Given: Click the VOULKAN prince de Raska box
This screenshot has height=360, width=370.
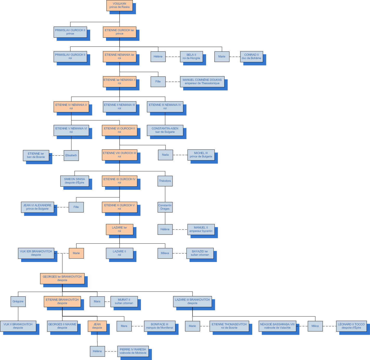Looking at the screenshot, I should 120,5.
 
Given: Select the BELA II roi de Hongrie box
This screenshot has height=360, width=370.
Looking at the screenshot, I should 191,56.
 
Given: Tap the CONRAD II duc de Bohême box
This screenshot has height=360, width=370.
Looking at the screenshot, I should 251,56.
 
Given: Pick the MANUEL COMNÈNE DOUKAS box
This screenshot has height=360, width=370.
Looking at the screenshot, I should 202,82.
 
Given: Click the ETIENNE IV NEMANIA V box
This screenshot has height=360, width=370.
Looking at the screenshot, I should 71,107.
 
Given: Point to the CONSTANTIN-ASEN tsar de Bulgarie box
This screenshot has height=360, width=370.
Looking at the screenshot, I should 165,130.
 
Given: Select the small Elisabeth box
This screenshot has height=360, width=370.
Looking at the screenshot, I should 71,155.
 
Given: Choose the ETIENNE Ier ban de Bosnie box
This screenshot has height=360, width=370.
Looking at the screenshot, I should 36,155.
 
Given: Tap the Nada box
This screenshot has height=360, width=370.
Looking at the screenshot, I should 165,155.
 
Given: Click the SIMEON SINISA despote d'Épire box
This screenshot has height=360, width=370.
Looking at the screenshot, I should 75,181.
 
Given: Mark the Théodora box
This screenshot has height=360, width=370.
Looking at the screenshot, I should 165,181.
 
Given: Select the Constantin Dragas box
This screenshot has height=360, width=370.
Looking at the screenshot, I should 165,207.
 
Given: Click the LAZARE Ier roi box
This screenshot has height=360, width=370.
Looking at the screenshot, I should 120,229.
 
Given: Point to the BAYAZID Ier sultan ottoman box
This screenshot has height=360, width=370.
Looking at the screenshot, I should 200,253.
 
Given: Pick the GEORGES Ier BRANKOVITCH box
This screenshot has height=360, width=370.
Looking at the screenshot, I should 62,278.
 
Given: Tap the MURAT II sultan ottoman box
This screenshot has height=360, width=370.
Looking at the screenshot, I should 124,302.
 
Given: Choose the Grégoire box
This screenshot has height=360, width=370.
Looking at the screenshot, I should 18,302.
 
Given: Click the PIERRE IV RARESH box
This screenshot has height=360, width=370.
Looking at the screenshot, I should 133,351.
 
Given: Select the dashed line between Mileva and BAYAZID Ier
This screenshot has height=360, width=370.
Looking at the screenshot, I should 179,253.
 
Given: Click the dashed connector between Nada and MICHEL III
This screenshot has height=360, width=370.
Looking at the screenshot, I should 180,155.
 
